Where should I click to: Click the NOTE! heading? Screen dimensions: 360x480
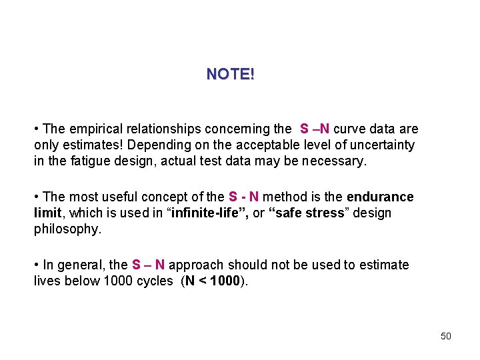[x=230, y=74]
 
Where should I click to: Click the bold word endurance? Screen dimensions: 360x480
[x=380, y=197]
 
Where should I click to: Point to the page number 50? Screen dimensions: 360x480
[x=446, y=336]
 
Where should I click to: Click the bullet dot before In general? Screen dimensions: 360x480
[x=37, y=265]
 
